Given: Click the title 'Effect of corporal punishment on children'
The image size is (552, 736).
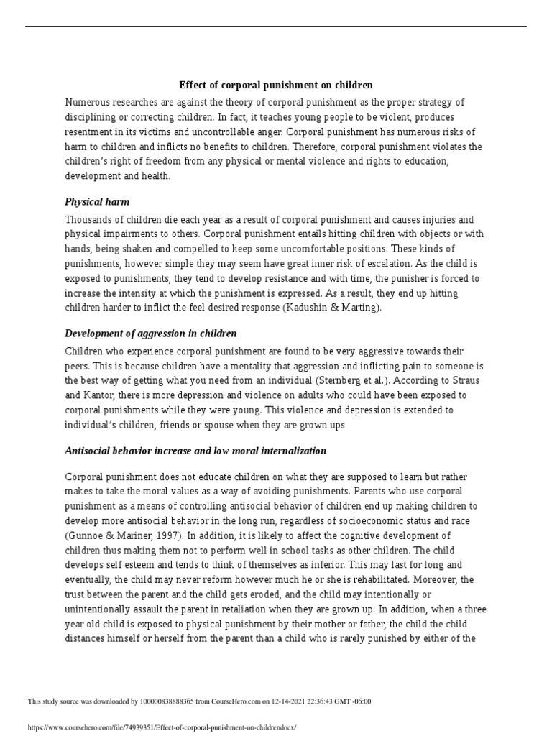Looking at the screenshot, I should point(276,86).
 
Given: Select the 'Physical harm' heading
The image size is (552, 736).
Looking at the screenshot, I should point(97,202).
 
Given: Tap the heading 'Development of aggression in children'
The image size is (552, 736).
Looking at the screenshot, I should point(150,333).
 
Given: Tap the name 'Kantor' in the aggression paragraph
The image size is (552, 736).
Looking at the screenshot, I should point(103,395).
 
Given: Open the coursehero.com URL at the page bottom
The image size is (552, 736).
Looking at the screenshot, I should point(162,727).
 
